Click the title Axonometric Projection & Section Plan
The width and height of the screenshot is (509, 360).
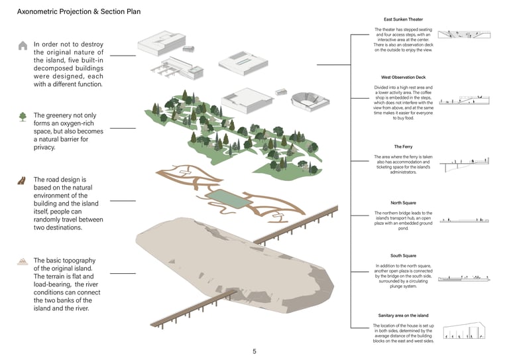[78, 12]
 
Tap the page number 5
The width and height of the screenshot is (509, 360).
[254, 351]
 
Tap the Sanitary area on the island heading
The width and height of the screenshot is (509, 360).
[403, 316]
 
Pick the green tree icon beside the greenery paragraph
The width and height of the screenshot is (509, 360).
[23, 117]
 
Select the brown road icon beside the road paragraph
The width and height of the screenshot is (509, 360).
[22, 181]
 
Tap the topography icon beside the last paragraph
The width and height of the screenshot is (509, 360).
[23, 261]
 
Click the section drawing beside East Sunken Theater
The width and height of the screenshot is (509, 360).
[465, 34]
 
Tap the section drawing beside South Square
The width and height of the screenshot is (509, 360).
[464, 279]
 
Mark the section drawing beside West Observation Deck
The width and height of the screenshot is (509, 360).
[465, 101]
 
